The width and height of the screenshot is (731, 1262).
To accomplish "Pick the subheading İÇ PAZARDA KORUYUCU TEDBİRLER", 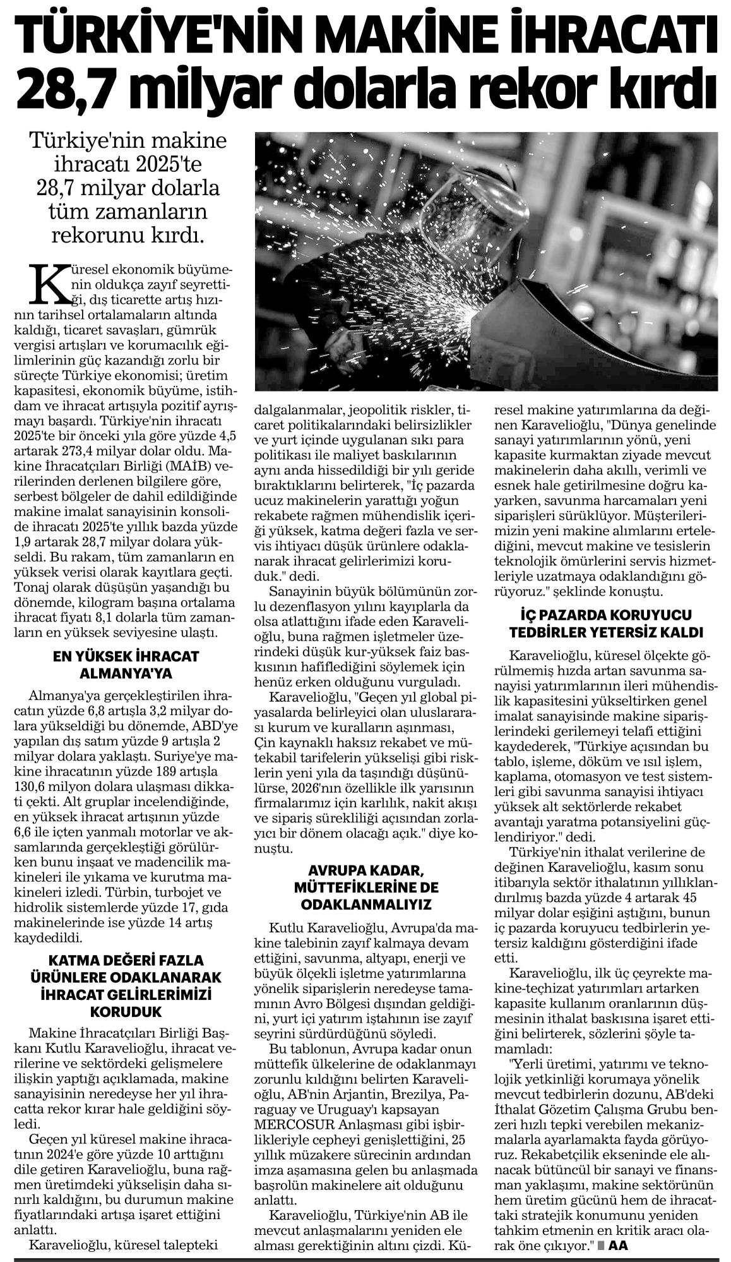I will (609, 623).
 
